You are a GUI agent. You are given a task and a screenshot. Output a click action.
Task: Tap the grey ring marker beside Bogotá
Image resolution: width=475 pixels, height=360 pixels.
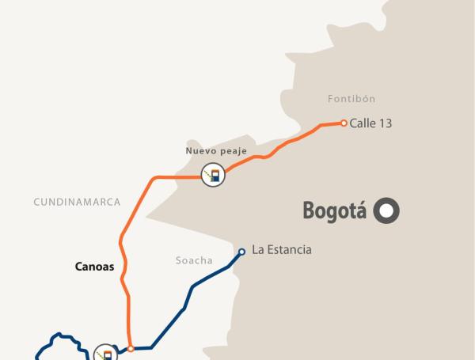[387, 210]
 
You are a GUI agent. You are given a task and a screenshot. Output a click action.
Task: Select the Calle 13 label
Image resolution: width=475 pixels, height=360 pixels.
[371, 123]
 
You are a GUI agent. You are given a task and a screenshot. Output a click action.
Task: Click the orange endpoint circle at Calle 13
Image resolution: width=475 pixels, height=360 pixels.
[344, 123]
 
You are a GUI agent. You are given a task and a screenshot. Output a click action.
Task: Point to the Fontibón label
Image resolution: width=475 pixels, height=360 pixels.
[351, 99]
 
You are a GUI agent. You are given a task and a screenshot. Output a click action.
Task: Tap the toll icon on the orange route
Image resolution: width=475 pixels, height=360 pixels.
[212, 176]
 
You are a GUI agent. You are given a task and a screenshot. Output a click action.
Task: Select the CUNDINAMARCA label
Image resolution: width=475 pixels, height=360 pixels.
[77, 203]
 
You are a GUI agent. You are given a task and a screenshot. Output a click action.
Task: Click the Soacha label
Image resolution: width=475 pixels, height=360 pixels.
[194, 260]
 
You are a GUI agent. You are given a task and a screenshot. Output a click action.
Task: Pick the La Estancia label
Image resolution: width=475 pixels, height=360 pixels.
[282, 250]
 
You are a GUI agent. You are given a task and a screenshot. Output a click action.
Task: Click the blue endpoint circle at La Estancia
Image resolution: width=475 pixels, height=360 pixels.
[241, 252]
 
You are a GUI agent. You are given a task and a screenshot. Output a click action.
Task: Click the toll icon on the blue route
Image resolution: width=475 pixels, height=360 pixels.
[104, 353]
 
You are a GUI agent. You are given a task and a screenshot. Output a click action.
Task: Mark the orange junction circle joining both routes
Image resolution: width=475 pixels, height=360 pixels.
[131, 347]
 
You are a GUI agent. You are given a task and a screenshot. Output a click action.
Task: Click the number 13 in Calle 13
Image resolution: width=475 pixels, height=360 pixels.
[386, 123]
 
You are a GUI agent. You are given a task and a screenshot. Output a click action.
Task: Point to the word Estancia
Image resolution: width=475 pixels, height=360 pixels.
[289, 250]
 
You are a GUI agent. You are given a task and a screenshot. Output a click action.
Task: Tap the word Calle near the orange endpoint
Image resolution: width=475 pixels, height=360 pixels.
[363, 123]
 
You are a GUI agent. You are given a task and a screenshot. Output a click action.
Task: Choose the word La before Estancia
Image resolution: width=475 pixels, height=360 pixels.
[257, 250]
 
